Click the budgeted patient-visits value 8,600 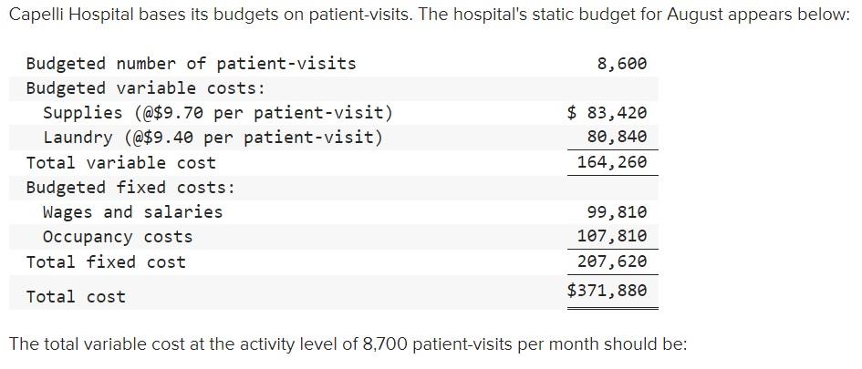(x=621, y=64)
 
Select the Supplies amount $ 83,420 (x=607, y=113)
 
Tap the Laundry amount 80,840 (x=617, y=138)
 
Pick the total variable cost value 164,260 (x=612, y=163)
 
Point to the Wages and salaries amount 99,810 (x=617, y=212)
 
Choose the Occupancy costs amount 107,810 (x=612, y=237)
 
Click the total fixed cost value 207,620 (x=612, y=261)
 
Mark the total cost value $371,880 (x=607, y=291)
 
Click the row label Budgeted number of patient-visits (x=191, y=64)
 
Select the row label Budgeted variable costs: (x=145, y=88)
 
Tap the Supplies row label (x=218, y=113)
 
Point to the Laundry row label (x=213, y=138)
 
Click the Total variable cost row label (x=120, y=163)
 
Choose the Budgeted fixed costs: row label (x=130, y=188)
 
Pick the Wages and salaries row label (x=132, y=212)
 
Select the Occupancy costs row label (x=118, y=237)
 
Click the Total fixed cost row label (x=106, y=262)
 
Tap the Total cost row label (x=76, y=297)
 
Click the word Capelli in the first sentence (x=36, y=18)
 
